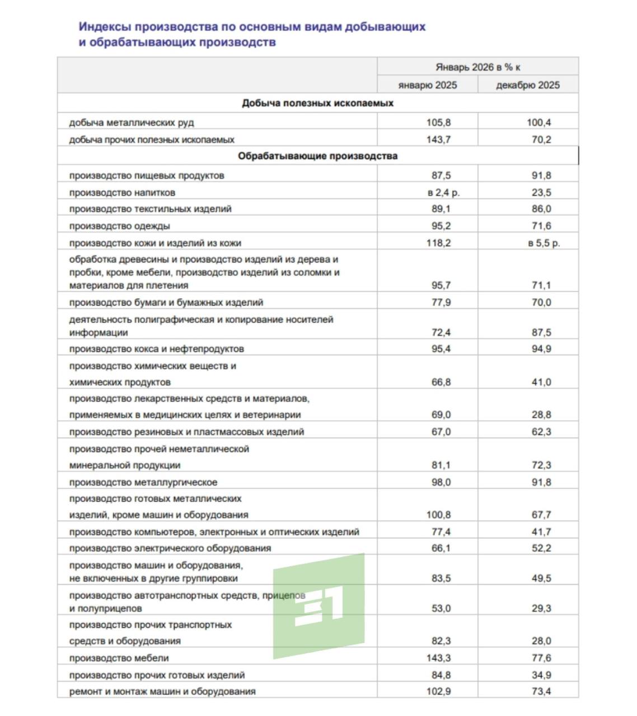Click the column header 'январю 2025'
click(x=427, y=85)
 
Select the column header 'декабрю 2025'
click(x=527, y=85)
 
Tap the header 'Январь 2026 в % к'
click(x=477, y=67)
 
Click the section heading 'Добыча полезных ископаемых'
click(x=317, y=103)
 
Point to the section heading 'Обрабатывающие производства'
click(x=317, y=156)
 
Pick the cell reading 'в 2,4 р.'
click(x=443, y=192)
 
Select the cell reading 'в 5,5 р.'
click(x=544, y=243)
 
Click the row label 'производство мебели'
click(x=119, y=658)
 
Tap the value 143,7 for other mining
click(x=438, y=140)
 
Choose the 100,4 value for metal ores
click(x=538, y=123)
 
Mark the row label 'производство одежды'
click(x=119, y=226)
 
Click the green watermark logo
click(x=318, y=606)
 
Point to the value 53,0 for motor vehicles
click(x=441, y=609)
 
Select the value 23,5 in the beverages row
click(x=541, y=192)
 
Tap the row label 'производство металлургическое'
click(x=143, y=482)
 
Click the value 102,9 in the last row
click(x=438, y=691)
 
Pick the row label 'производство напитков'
click(x=122, y=192)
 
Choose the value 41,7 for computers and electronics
click(x=541, y=532)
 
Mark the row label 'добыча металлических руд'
click(x=132, y=123)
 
